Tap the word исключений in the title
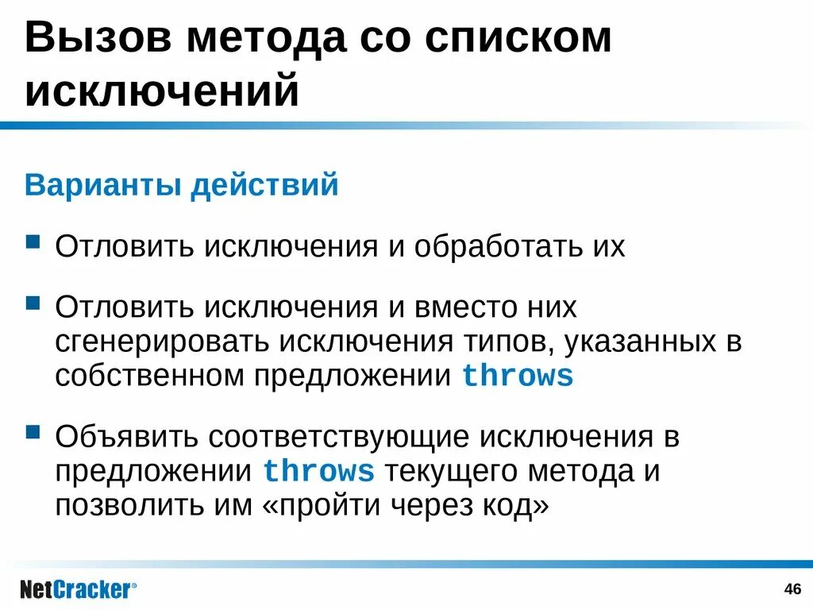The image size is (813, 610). tap(162, 90)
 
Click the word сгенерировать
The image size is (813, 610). tap(161, 342)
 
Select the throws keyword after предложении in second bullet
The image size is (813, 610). tap(517, 376)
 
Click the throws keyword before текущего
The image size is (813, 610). tap(318, 472)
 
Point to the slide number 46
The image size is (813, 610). tap(792, 589)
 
